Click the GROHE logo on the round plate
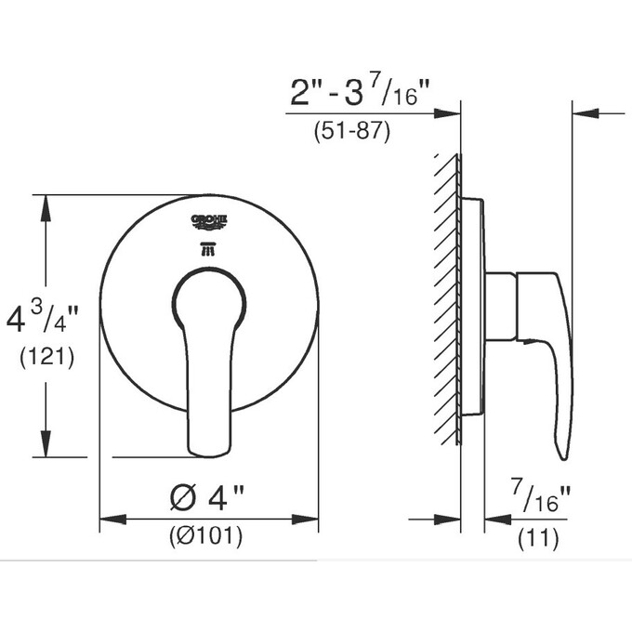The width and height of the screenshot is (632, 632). [x=209, y=220]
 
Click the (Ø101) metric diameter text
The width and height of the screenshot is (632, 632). [x=205, y=536]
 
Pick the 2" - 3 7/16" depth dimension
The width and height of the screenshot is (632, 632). [x=362, y=90]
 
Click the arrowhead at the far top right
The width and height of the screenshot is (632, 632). [x=584, y=113]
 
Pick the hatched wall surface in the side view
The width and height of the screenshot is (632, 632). [x=449, y=297]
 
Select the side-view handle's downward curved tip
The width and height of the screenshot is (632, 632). [x=563, y=454]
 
